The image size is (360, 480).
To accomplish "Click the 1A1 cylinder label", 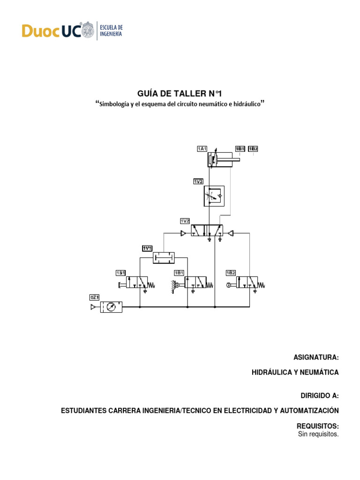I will [x=202, y=149].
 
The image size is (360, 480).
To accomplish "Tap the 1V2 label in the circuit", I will [x=185, y=221].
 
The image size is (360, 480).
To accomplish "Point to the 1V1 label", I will [x=147, y=248].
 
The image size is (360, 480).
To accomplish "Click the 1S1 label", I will [x=120, y=273].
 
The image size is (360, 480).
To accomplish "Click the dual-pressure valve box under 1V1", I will [x=164, y=257].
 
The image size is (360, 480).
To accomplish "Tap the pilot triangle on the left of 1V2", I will [x=184, y=232].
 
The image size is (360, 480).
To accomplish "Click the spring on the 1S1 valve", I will [x=152, y=284].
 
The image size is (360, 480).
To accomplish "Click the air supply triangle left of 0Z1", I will [x=94, y=307].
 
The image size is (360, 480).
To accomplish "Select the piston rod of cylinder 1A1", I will [x=230, y=161].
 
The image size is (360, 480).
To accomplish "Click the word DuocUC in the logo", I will [x=52, y=31].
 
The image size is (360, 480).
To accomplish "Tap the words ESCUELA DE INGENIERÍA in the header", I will [x=112, y=31].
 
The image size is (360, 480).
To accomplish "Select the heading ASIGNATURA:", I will [x=316, y=358].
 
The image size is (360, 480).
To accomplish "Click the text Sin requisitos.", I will [x=318, y=434].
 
